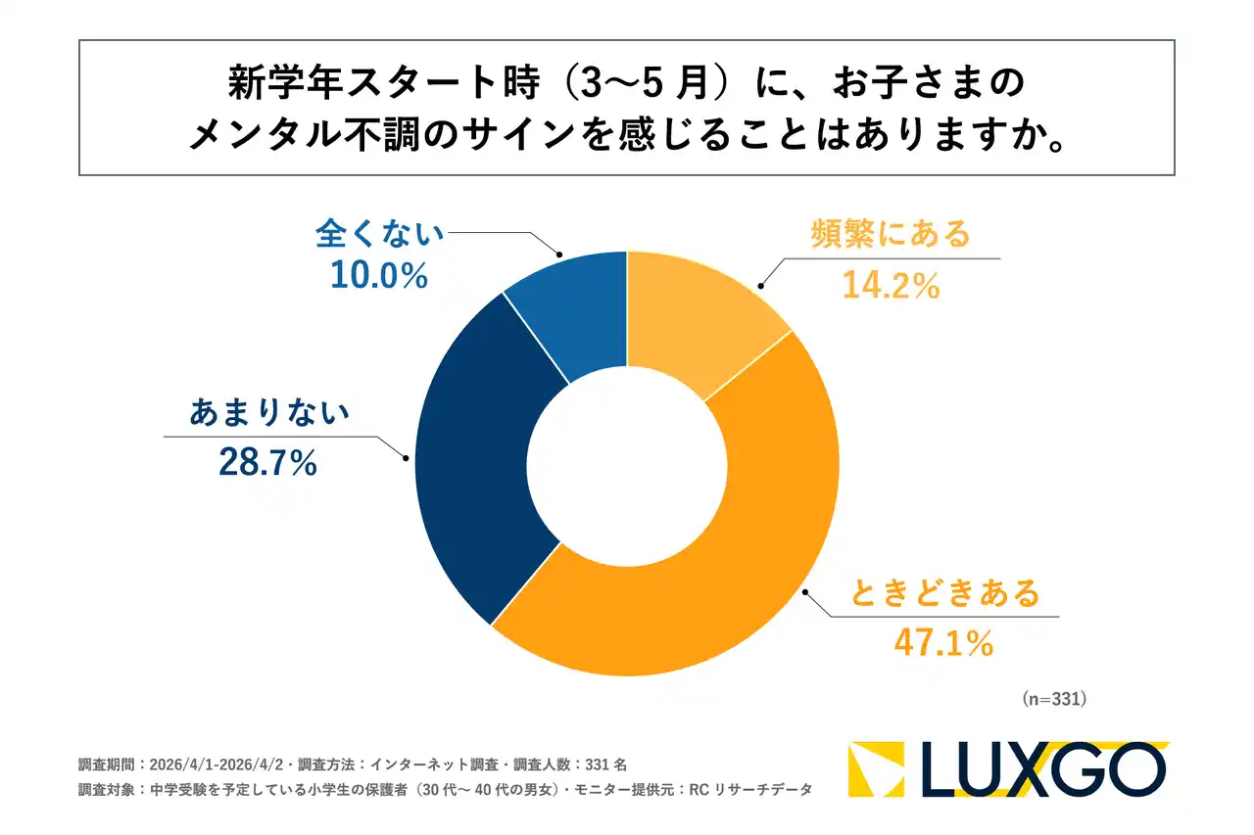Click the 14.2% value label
tap(891, 286)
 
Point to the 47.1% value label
tap(943, 643)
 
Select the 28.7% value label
tap(267, 463)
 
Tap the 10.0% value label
tap(379, 277)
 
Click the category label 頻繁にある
tap(891, 235)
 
